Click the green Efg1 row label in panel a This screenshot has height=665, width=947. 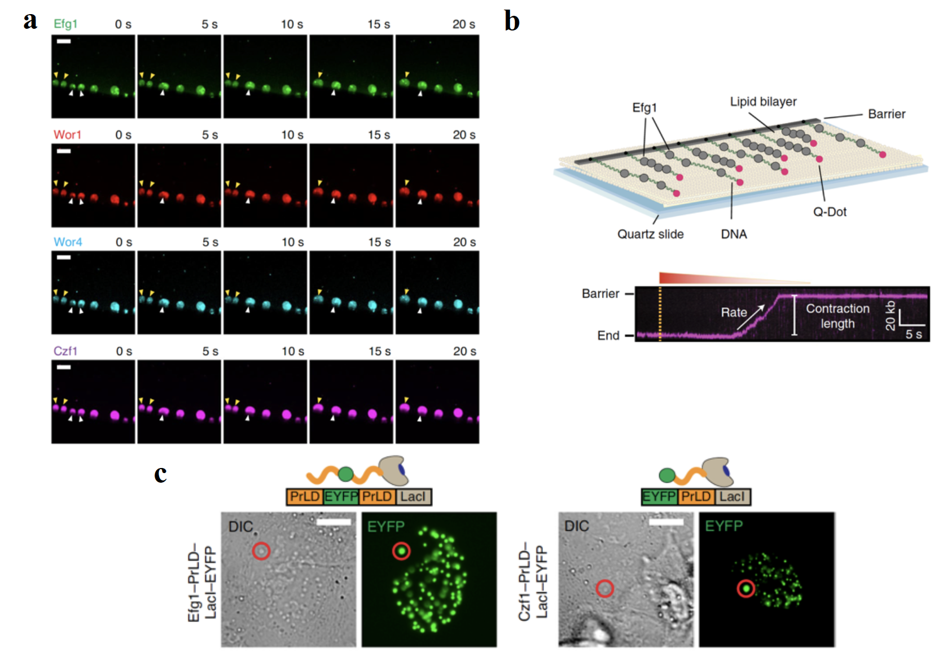(65, 24)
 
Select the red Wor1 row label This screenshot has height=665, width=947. (67, 134)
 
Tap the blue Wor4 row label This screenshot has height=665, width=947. (68, 242)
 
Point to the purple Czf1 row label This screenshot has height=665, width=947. (65, 351)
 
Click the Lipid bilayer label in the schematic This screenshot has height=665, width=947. (763, 102)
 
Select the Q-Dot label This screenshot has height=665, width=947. (830, 212)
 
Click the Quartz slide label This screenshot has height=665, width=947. (650, 234)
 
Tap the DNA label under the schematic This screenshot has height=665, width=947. (734, 234)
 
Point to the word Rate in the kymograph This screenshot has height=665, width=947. (734, 312)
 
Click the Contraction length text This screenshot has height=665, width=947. (838, 316)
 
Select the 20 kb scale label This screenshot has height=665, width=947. (890, 315)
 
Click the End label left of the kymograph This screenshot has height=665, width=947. (608, 335)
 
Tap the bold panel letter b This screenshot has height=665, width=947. (511, 21)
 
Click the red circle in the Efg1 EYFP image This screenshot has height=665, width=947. (401, 550)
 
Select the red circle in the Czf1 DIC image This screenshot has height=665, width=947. (605, 589)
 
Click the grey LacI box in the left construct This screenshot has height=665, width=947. (414, 497)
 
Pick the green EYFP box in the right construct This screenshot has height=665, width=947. (659, 497)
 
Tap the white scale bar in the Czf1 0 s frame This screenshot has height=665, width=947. (64, 368)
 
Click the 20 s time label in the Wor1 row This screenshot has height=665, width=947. (464, 135)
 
